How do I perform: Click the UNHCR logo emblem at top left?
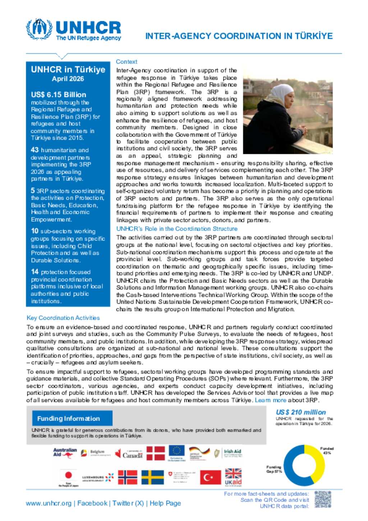click(39, 29)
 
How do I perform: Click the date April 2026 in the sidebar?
click(68, 79)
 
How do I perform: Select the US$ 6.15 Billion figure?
click(59, 95)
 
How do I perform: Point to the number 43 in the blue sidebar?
click(35, 150)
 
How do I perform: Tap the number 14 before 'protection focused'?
click(35, 272)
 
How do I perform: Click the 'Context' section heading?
click(126, 62)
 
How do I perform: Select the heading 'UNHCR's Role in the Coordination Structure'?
click(177, 229)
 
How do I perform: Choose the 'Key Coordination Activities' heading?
click(63, 318)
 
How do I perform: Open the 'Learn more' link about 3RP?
click(271, 400)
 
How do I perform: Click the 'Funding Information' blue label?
click(69, 419)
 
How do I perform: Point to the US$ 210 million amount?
click(301, 412)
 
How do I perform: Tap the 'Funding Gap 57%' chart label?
click(274, 469)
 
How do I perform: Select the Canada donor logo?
click(129, 454)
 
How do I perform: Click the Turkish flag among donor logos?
click(210, 477)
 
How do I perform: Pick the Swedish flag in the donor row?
click(152, 477)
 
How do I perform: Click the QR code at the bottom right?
click(322, 499)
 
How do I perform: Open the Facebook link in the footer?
click(92, 503)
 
